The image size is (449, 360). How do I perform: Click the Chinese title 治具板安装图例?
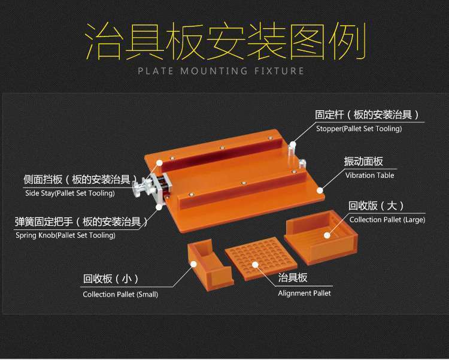point(224,43)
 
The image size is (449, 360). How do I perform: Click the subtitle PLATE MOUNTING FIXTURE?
point(221,71)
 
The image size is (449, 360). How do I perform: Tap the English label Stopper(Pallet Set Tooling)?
point(359,128)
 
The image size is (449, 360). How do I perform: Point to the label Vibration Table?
point(369,176)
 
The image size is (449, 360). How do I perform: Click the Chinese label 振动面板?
point(363,162)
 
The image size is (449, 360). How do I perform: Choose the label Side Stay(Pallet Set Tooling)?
point(70,193)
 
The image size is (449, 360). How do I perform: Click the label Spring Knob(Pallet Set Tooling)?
point(65,235)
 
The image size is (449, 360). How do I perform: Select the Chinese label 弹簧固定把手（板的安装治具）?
point(81,222)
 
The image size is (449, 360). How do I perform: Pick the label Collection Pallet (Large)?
point(387,220)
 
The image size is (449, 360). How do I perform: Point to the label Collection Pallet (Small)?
point(120,294)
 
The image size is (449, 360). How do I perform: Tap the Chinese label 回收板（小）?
point(111,279)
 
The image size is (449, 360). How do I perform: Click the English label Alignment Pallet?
point(304,293)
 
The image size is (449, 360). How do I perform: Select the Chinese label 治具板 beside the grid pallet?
point(293,279)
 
